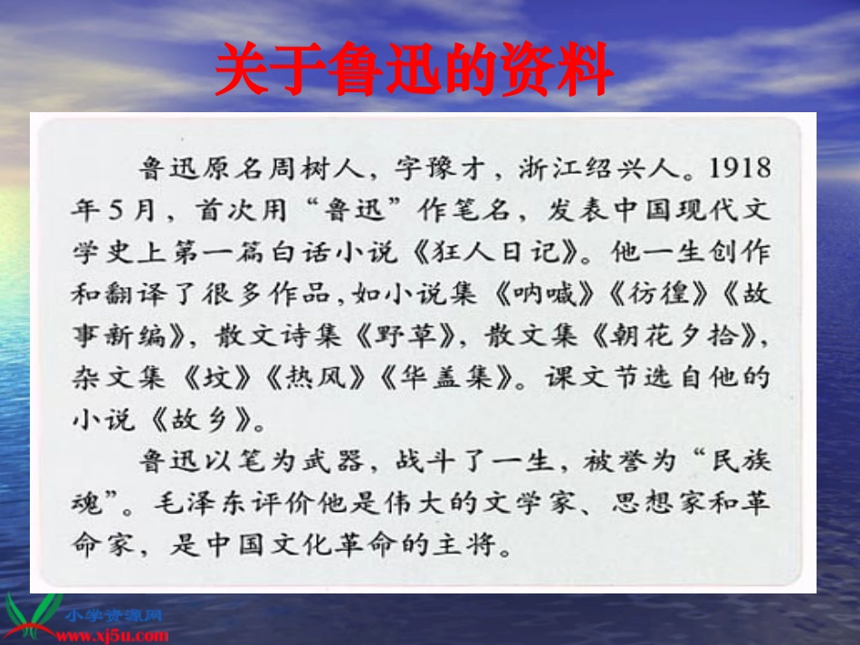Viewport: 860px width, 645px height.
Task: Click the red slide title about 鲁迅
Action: (414, 71)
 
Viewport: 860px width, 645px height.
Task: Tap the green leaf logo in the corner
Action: (32, 615)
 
